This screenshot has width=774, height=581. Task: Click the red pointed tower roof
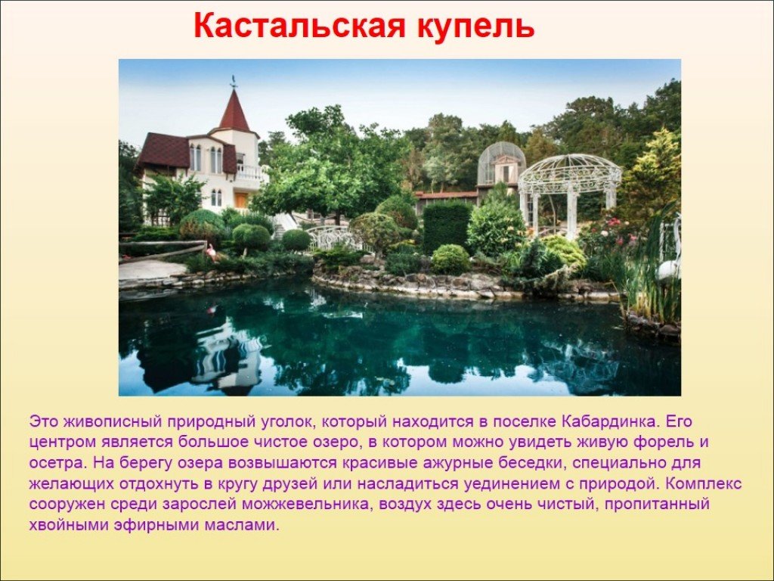point(234,111)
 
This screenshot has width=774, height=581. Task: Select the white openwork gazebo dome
point(569,168)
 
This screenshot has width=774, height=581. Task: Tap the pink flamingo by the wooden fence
point(212,253)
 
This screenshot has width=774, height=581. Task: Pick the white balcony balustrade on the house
point(252,172)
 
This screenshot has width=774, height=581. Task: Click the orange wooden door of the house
point(241,200)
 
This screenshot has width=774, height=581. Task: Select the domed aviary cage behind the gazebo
point(501,165)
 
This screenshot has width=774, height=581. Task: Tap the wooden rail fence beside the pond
point(163,250)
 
